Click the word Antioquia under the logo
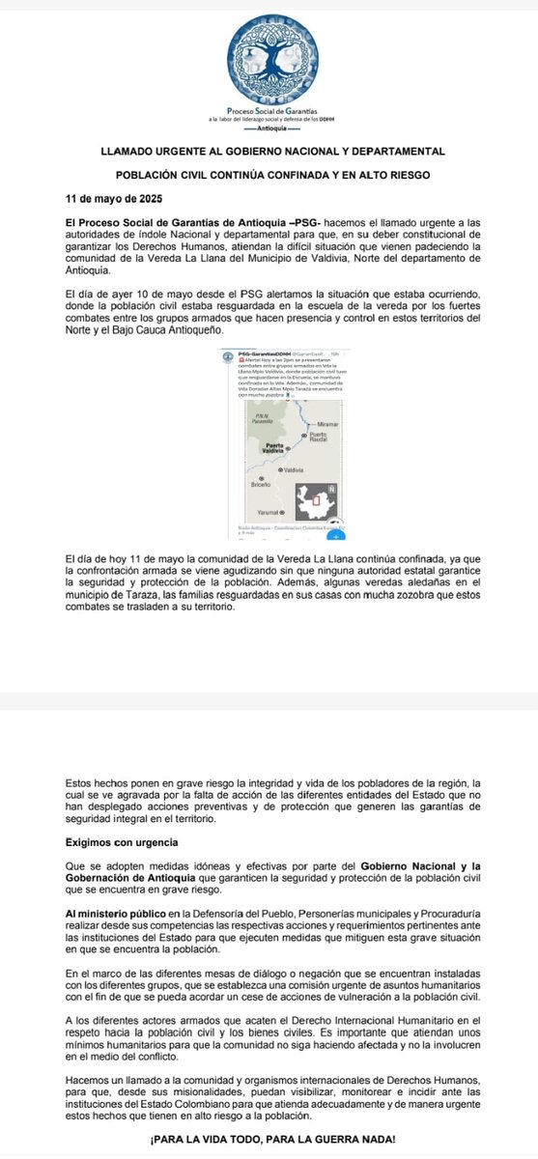click(269, 127)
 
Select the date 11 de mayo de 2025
click(101, 201)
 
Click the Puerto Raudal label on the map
click(317, 438)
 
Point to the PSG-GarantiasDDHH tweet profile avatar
click(228, 356)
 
